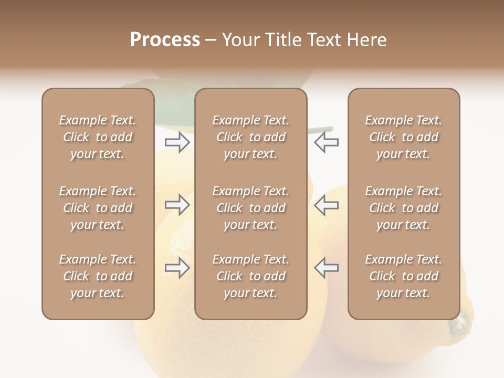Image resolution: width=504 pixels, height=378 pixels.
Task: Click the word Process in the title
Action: tap(165, 40)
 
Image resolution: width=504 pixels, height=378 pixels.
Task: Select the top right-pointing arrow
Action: tap(177, 142)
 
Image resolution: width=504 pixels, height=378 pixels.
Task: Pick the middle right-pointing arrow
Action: tap(177, 205)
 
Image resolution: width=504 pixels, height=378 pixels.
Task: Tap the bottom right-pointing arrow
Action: tap(177, 268)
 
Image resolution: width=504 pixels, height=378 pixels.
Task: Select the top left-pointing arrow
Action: tap(326, 142)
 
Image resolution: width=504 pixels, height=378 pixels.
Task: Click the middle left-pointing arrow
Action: tap(326, 205)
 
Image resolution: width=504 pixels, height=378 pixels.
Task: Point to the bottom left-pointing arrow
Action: tap(326, 268)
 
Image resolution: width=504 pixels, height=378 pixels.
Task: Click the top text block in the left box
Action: tap(98, 137)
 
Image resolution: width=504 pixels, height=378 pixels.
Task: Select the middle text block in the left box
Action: tap(98, 208)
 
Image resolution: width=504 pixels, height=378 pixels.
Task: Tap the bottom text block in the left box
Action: tap(98, 276)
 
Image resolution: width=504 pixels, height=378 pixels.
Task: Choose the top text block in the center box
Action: tap(250, 137)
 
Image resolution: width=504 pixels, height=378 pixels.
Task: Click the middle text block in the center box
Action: tap(250, 208)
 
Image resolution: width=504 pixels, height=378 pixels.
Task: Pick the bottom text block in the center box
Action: tap(250, 276)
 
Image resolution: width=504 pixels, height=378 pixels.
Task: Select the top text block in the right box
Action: tap(403, 137)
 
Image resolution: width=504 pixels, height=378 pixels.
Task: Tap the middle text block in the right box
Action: tap(403, 208)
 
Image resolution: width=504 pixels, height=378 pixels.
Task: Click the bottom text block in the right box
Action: tap(403, 276)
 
